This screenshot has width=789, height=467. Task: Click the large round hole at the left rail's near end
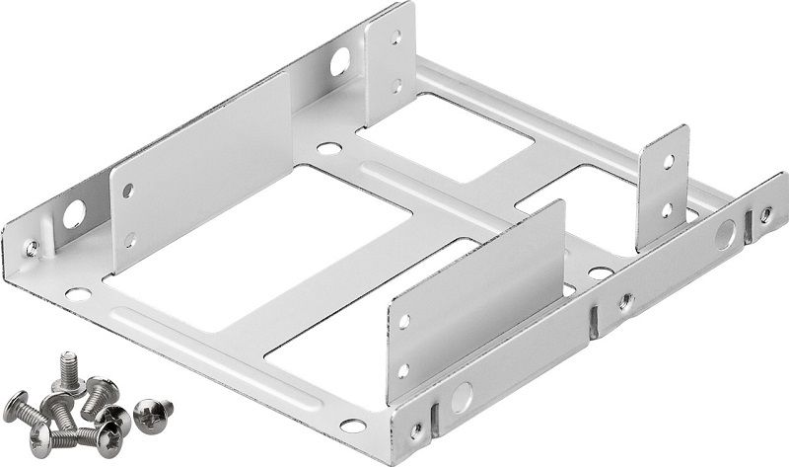[x=73, y=212]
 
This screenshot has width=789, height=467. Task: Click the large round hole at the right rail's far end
[x=726, y=234]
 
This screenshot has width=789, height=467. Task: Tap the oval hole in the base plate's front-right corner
[x=351, y=428]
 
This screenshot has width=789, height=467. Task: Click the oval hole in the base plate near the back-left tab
[x=327, y=151]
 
